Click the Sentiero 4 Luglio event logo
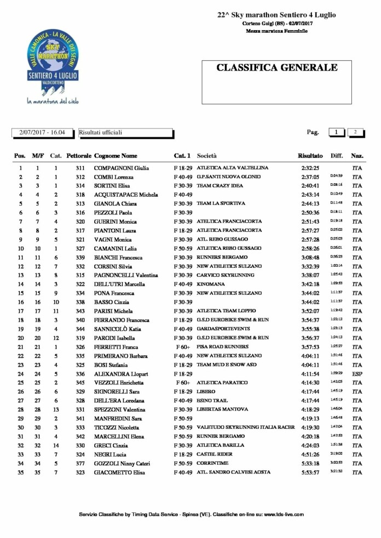(x=53, y=65)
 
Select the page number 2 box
(x=355, y=132)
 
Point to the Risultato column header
(x=310, y=156)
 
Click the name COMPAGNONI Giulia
(x=121, y=168)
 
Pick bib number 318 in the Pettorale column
(x=80, y=195)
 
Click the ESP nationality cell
(x=357, y=374)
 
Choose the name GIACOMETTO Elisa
(x=120, y=472)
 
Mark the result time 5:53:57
(x=310, y=472)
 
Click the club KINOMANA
(x=210, y=284)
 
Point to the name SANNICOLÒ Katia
(x=117, y=329)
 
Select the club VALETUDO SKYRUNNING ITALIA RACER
(x=245, y=428)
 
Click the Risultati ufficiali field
(x=125, y=132)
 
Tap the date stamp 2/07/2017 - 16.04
(x=42, y=132)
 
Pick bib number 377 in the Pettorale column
(x=80, y=463)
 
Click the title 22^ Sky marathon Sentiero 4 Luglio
(x=276, y=15)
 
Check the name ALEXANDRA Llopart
(x=122, y=374)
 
